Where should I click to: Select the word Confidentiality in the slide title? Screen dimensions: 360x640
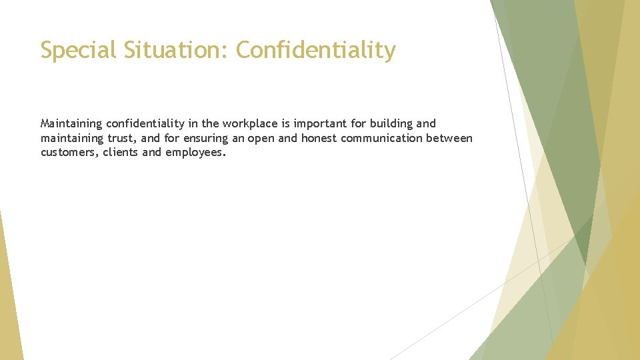click(315, 50)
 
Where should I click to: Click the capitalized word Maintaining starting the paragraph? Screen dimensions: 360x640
click(71, 123)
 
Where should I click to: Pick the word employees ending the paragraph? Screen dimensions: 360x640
click(195, 153)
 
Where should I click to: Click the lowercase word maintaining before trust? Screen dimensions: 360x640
click(73, 138)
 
